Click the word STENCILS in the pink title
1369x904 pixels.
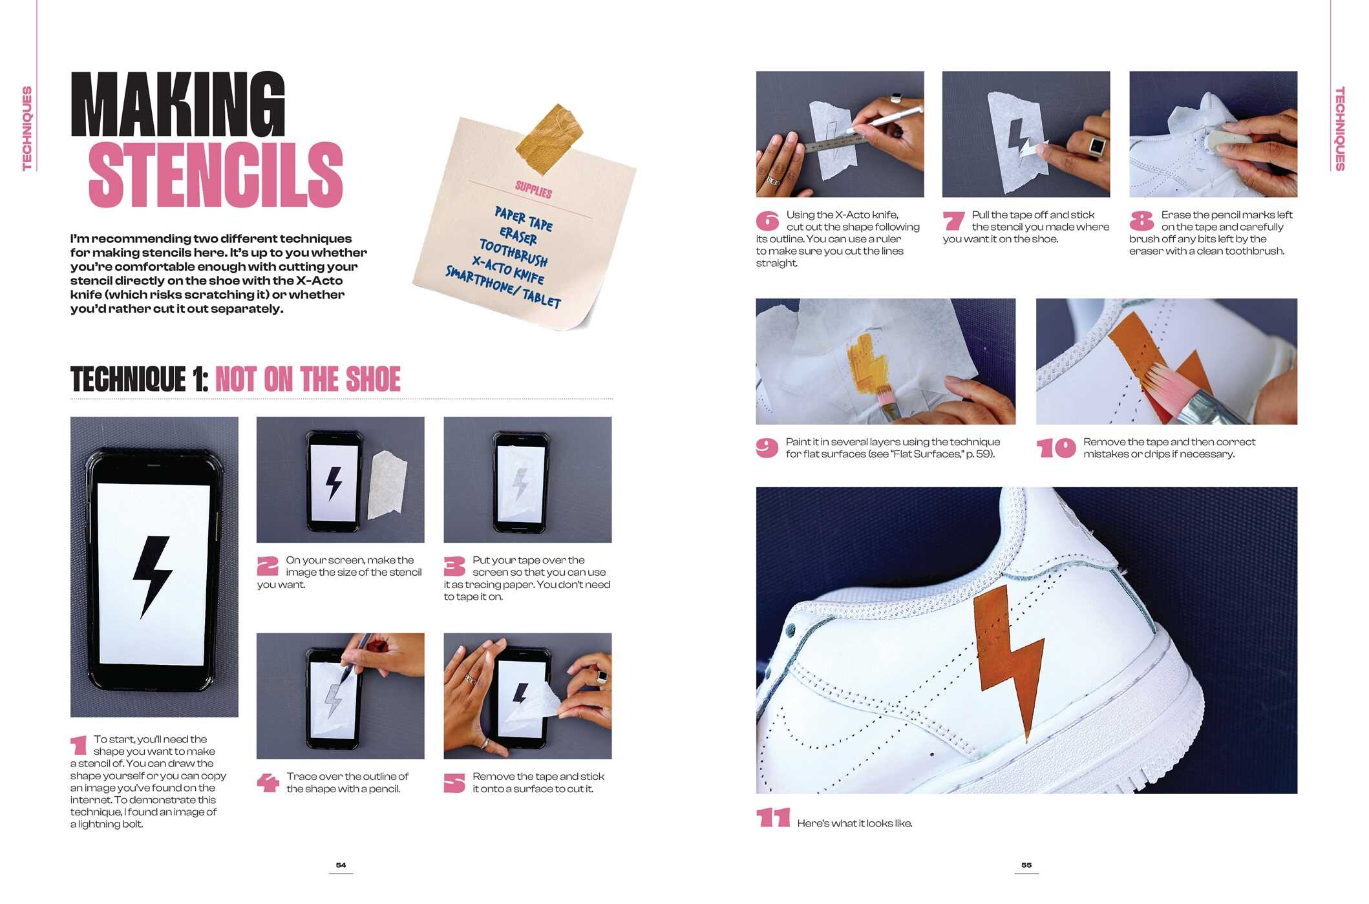[x=215, y=175]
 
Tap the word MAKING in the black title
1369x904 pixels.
[x=178, y=105]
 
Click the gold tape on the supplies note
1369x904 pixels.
[x=550, y=139]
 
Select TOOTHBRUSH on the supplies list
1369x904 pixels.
[x=513, y=252]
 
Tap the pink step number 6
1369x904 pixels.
[x=767, y=222]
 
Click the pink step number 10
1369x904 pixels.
[x=1056, y=448]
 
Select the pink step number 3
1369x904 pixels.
[x=454, y=567]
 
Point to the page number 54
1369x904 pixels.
[x=341, y=865]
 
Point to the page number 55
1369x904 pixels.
[x=1026, y=865]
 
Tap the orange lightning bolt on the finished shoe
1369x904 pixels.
[x=1008, y=659]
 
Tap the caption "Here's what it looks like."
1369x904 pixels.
[x=854, y=823]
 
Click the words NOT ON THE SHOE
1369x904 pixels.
[x=308, y=379]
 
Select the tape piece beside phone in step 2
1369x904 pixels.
[x=387, y=485]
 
